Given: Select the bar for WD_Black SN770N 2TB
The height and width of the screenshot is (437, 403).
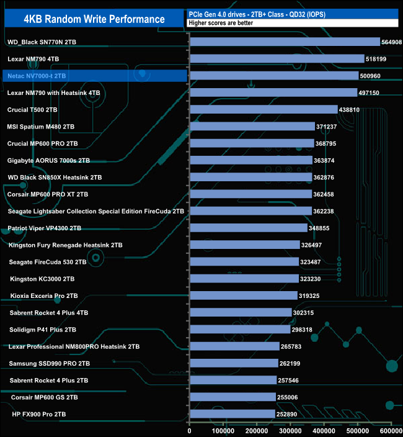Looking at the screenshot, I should pos(285,42).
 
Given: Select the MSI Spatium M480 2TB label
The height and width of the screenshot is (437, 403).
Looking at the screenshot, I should pos(41,127).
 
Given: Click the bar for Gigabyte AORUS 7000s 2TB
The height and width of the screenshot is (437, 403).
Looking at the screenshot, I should pos(251,160).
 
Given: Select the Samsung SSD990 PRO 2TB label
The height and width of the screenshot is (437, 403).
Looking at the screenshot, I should pos(50,363).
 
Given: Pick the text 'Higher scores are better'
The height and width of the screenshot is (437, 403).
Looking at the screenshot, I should pos(221,23).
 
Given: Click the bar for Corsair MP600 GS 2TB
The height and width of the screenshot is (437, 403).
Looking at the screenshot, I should pos(232,397).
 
